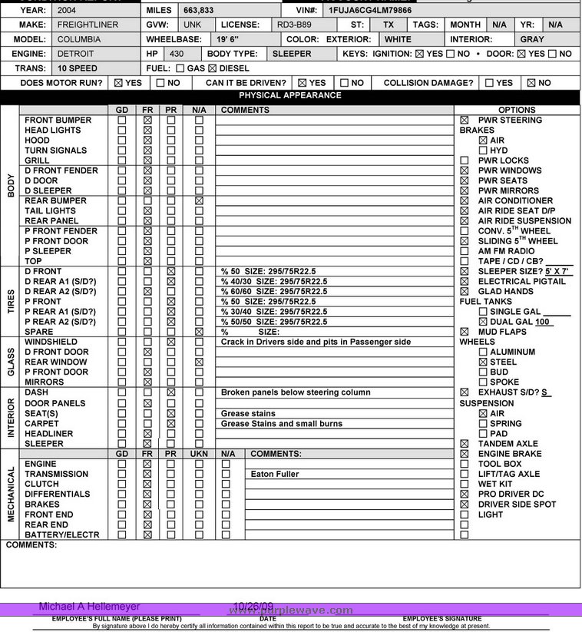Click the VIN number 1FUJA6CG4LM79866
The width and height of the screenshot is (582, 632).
point(369,11)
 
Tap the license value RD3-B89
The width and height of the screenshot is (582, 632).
point(294,25)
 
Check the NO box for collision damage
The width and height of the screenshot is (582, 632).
point(531,83)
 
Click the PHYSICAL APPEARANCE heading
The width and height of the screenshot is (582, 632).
point(289,96)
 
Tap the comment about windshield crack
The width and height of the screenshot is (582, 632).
point(316,342)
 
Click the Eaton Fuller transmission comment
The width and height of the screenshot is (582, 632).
point(274,474)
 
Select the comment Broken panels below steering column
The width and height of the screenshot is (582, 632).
point(296,392)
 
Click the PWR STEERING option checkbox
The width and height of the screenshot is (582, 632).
point(464,121)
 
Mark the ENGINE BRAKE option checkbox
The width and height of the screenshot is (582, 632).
point(464,454)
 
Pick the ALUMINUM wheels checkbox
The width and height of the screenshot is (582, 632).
point(482,352)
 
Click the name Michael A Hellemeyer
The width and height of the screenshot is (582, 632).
point(89,606)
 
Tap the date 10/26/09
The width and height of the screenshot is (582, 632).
point(253,606)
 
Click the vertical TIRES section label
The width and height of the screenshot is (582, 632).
point(10,302)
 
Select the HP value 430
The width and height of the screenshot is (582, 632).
point(177,54)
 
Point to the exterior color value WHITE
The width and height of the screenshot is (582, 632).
point(398,39)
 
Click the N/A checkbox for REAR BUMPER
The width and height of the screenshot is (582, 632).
point(199,200)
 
